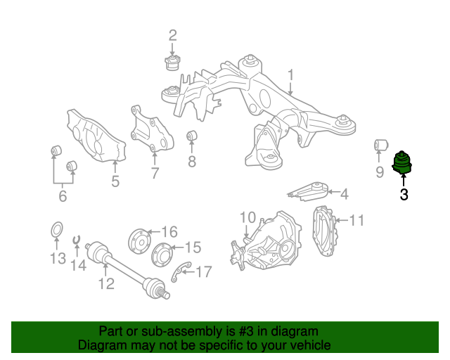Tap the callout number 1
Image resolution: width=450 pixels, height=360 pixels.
[x=290, y=75]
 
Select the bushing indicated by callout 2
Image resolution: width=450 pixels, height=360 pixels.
[x=172, y=63]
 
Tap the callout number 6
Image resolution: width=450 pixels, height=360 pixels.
[x=63, y=196]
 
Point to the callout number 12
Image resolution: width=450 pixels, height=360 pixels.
[x=106, y=284]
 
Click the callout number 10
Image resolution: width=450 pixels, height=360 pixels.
[x=247, y=217]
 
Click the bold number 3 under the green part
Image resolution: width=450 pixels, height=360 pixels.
[x=404, y=195]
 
